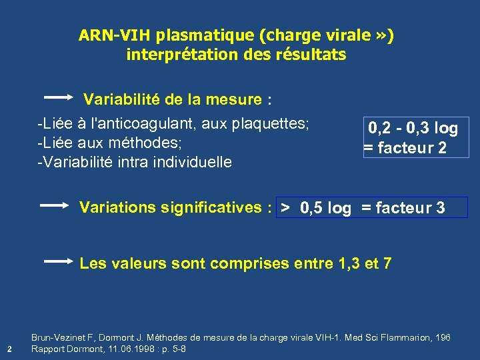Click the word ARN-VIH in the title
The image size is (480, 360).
[x=109, y=35]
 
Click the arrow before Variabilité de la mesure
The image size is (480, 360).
[x=58, y=97]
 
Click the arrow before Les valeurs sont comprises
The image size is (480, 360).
[x=58, y=262]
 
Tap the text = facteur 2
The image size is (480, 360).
[x=405, y=148]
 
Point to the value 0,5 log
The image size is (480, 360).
[x=325, y=208]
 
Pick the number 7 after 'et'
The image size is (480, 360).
[x=387, y=263]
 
